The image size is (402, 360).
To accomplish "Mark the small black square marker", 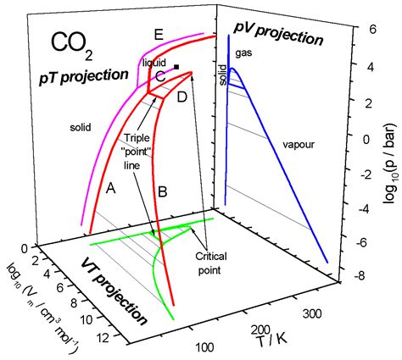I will [x=176, y=67].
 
